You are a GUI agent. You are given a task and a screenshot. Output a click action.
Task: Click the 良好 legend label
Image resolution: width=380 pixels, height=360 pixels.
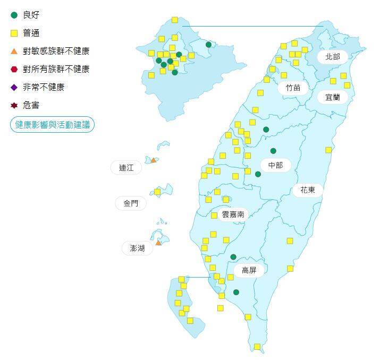click(x=31, y=15)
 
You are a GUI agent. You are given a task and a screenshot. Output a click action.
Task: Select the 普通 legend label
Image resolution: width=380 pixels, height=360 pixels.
click(x=31, y=33)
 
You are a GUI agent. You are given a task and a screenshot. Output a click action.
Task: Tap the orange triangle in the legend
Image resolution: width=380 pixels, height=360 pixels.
click(x=14, y=51)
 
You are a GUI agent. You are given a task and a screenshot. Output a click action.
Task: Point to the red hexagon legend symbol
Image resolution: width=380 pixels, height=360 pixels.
click(x=14, y=69)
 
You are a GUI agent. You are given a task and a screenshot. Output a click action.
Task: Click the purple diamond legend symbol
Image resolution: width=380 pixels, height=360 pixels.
click(x=14, y=87)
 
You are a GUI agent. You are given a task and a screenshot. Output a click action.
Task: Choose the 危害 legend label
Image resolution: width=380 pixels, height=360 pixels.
click(x=31, y=105)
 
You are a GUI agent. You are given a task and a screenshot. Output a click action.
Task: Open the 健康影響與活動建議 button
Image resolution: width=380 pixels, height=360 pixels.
click(x=52, y=124)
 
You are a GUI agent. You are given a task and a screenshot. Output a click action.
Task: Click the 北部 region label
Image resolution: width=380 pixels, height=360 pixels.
click(x=332, y=56)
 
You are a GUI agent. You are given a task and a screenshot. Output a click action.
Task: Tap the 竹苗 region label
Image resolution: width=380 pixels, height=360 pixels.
click(x=293, y=88)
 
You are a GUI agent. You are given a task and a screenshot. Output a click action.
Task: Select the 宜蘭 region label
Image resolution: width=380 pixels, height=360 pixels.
click(x=333, y=97)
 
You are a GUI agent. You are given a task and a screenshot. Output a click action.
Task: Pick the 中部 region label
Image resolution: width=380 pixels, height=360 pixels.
click(x=275, y=166)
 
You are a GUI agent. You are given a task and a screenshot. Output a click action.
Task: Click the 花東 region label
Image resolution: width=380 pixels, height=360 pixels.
click(x=308, y=190)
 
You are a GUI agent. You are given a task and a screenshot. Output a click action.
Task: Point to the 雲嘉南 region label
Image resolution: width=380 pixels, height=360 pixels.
click(x=232, y=215)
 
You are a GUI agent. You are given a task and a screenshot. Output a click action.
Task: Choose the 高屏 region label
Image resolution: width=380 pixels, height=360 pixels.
click(x=249, y=270)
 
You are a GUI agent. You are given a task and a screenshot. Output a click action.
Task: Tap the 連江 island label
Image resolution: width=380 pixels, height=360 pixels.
click(x=126, y=168)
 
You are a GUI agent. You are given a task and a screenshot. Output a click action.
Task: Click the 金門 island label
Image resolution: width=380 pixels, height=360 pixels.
click(x=131, y=203)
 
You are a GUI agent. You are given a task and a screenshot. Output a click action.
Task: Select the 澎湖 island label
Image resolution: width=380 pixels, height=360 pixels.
click(x=133, y=248)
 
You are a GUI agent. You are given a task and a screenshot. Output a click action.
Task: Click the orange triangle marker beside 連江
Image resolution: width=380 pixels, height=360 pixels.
click(x=153, y=160)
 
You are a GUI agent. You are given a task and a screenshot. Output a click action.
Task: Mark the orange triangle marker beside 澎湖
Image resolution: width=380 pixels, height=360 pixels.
click(x=158, y=243)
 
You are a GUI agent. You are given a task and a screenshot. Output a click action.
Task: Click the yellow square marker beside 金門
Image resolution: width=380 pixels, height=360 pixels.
click(x=157, y=192)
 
